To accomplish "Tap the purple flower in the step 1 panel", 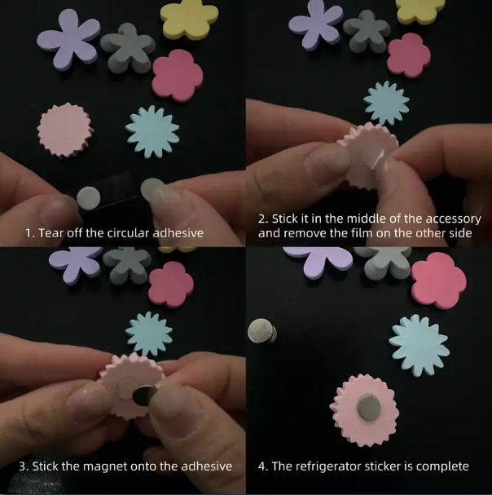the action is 68,39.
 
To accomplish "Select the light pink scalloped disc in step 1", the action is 65,130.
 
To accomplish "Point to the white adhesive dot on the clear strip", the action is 89,198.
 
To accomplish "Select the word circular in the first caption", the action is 129,233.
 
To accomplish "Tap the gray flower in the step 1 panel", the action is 128,47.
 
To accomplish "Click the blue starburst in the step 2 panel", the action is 386,103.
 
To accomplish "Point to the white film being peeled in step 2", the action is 378,159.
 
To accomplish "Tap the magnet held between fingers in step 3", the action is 144,396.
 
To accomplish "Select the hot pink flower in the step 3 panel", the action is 171,285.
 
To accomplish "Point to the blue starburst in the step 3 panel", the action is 149,334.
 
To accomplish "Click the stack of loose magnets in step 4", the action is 262,331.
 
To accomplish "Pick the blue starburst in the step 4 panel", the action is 420,346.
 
